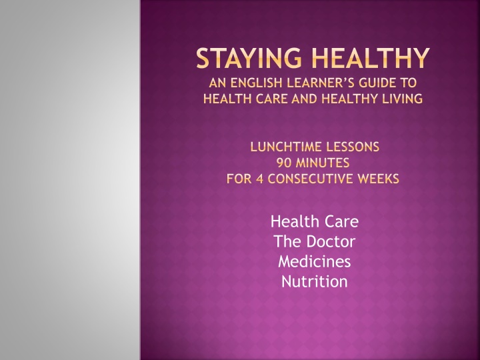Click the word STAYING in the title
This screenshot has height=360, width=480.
pos(249,58)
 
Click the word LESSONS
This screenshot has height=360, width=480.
pos(348,147)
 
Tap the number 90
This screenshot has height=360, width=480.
pos(284,163)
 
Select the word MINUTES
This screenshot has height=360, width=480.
pos(323,163)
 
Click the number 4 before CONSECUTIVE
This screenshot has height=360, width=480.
pos(259,179)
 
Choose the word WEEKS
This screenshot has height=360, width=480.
pos(379,179)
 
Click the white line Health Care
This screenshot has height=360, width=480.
pos(315,221)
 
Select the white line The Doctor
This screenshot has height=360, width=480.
pos(315,241)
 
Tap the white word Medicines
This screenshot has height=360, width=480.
pos(315,261)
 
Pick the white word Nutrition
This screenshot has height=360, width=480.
pos(315,281)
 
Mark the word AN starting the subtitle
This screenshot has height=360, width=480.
pos(217,83)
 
